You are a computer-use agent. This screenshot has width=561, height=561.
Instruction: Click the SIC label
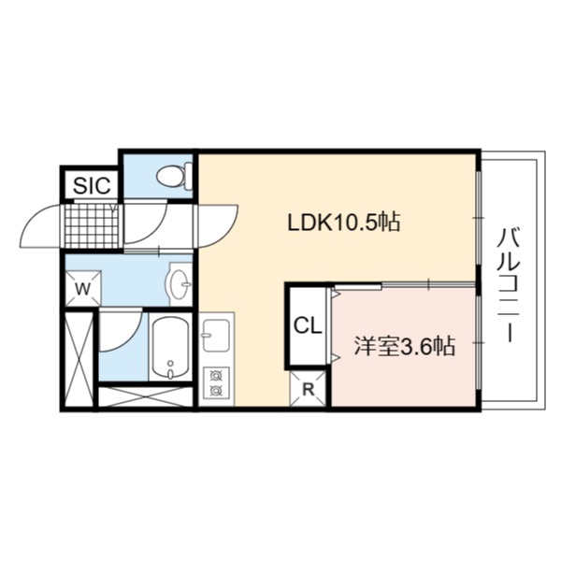[x=92, y=185]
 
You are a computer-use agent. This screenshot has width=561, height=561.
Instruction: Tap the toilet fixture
[x=174, y=176]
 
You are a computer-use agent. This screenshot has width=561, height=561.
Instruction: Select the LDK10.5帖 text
[x=344, y=222]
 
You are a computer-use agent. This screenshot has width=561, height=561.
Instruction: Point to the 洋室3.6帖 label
[x=404, y=346]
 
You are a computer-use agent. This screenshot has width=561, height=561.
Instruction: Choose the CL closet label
[x=308, y=325]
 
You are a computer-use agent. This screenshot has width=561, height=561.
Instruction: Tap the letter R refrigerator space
[x=308, y=389]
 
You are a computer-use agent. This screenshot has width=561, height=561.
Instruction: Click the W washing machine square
[x=83, y=288]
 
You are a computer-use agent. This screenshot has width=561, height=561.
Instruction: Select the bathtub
[x=171, y=348]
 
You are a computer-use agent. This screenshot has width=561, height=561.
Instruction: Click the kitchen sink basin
[x=216, y=336]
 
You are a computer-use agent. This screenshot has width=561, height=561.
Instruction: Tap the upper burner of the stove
[x=216, y=376]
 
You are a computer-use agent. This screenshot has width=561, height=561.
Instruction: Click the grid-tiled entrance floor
[x=92, y=225]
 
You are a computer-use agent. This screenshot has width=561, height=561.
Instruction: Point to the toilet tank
[x=189, y=176]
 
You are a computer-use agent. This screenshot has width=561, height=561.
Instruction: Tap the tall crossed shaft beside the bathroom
[x=79, y=360]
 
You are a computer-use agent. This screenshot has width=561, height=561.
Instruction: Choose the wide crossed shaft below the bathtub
[x=146, y=396]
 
